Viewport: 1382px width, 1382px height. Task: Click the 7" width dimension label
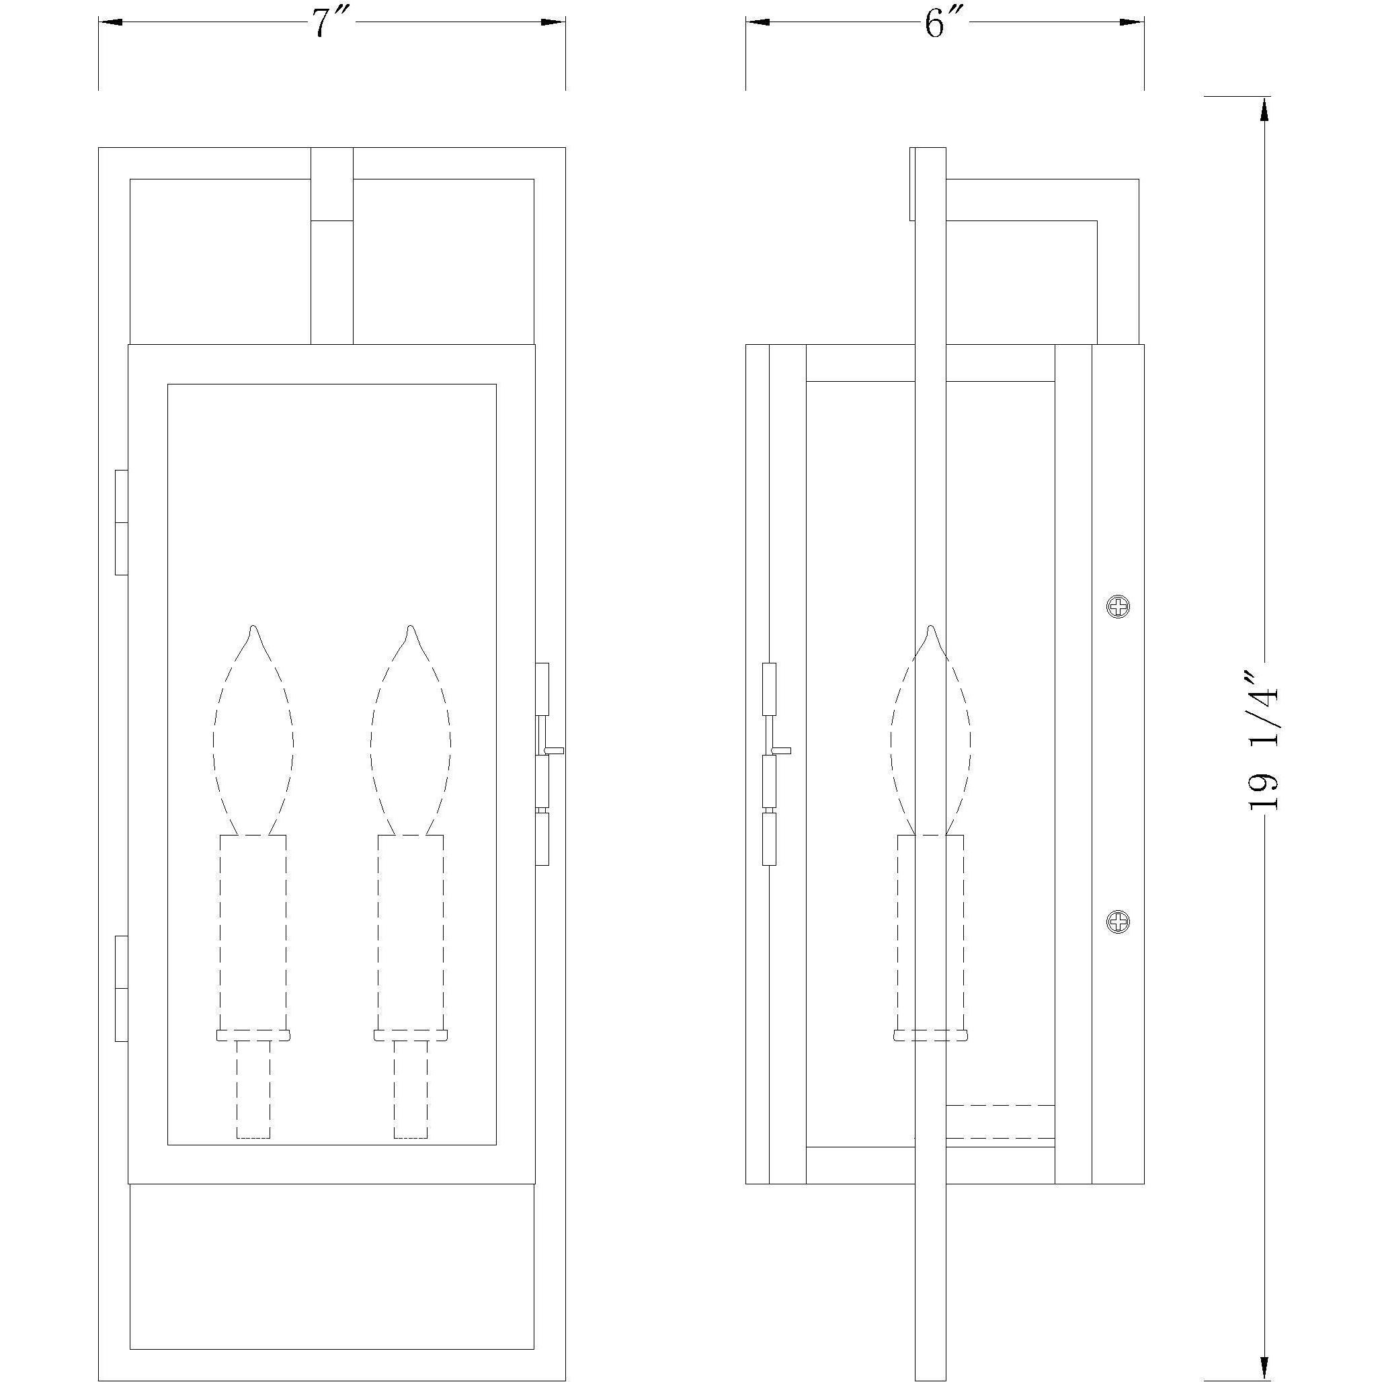329,23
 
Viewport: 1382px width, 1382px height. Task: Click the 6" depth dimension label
943,23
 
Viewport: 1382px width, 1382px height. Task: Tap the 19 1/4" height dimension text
1263,739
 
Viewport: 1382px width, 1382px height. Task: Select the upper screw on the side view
1118,607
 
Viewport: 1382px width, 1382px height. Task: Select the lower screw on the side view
1118,922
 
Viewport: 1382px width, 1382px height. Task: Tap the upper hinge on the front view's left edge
122,522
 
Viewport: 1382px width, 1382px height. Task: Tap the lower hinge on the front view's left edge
122,989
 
